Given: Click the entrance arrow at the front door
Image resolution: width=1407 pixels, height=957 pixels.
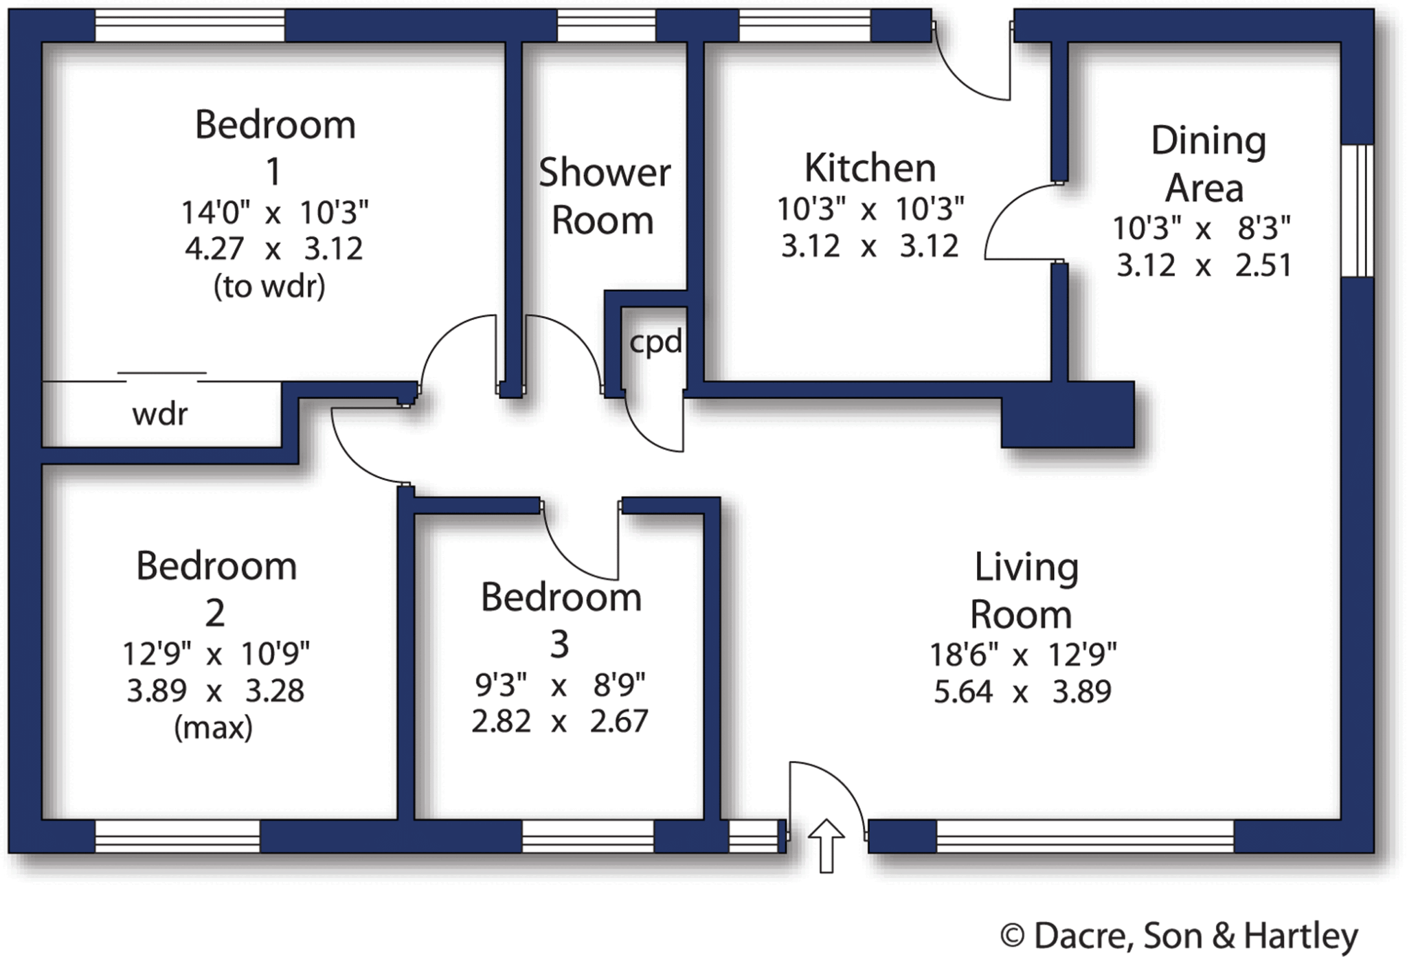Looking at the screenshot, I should coord(826,845).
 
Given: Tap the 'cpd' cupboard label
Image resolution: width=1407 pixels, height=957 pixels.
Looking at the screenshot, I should coord(655,342).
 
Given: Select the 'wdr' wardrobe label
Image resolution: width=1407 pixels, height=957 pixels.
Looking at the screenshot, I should coord(159,414).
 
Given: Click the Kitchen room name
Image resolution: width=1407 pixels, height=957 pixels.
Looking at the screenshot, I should coord(870,168).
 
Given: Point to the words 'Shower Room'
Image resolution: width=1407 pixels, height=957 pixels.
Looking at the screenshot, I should coord(604,196).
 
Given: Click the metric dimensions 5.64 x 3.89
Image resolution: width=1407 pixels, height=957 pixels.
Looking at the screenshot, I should coord(1022,691).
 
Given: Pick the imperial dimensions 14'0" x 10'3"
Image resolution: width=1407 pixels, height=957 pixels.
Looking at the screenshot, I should coord(274,213).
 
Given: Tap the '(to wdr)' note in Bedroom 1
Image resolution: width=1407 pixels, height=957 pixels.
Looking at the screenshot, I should coord(269,286).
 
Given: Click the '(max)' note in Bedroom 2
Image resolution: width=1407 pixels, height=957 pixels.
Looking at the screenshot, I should coord(213,727).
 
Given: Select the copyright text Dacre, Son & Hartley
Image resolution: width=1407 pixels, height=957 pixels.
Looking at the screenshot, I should coord(1179,936).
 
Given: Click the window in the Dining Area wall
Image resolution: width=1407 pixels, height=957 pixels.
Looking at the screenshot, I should coord(1357,210).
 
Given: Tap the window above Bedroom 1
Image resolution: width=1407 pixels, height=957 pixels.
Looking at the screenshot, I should coord(189,26).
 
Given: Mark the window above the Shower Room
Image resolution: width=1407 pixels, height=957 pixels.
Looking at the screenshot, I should coord(606,26).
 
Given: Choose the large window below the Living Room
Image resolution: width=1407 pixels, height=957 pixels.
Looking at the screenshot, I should coord(1085,836).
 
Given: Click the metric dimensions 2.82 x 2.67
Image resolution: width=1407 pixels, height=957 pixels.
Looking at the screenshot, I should coord(559,722).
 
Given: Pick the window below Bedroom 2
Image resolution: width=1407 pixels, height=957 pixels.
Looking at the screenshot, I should coord(177,836).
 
